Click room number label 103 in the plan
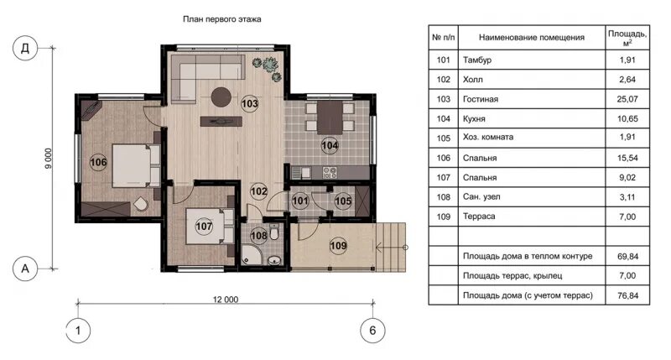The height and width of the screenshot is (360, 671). point(249,103)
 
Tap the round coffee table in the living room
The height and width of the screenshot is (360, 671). point(221,97)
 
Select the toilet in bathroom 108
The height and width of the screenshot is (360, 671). point(274,232)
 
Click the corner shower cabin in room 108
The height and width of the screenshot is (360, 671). point(249,255)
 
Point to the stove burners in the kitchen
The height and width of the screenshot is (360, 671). point(330,173)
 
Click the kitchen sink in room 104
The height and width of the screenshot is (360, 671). point(301,173)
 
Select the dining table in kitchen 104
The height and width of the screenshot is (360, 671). point(330,117)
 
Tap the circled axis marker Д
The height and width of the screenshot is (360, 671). point(25,48)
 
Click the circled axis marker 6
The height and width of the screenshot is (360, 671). point(372,331)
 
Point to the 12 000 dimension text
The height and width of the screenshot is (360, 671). point(226,300)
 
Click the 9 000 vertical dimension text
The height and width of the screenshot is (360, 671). point(49,159)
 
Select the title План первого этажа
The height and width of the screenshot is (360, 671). point(222,19)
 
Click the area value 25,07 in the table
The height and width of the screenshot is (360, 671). point(627,99)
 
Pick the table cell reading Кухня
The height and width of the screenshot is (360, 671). point(474,118)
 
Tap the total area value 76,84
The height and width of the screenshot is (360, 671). point(627,295)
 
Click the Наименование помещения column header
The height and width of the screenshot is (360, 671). point(532,37)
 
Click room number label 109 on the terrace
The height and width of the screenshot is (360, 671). point(338,246)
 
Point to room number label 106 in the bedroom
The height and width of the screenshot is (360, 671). point(98,162)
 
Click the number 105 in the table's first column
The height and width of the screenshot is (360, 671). point(444,138)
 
